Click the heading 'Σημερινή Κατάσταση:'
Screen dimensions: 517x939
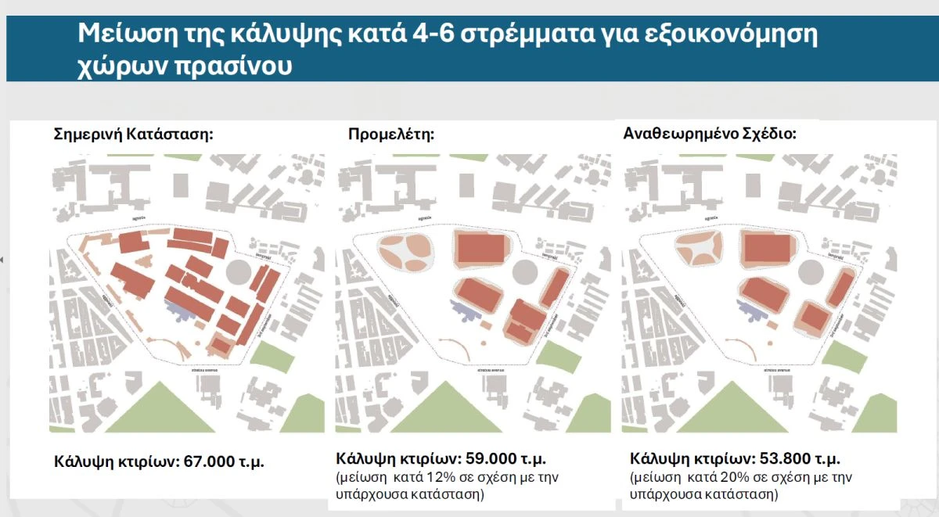pyautogui.click(x=133, y=134)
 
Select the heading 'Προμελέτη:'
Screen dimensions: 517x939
pyautogui.click(x=390, y=134)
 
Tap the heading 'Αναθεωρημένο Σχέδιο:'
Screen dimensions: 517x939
pyautogui.click(x=709, y=133)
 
